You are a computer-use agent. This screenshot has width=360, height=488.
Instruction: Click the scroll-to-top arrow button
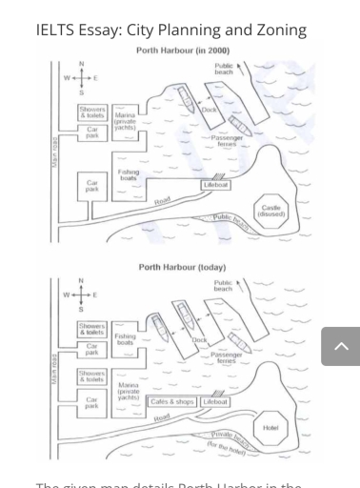tap(341, 347)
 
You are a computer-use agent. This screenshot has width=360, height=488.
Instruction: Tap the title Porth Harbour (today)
tap(181, 268)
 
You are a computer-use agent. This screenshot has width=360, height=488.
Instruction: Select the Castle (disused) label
tap(270, 210)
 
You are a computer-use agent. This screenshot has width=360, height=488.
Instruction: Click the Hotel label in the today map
tap(270, 428)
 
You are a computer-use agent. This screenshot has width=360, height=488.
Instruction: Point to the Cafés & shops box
tap(172, 401)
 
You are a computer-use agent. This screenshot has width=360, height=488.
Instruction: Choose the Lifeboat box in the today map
tap(216, 401)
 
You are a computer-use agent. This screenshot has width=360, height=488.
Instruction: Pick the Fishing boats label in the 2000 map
tap(128, 174)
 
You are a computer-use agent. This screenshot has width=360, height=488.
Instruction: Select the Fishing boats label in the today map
tap(125, 339)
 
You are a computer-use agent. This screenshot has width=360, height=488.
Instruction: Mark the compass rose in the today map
tap(81, 295)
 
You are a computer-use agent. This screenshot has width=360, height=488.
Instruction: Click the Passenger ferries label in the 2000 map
tap(226, 140)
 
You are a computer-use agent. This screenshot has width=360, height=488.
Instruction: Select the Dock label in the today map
tap(200, 339)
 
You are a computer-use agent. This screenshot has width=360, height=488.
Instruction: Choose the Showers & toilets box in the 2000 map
tap(92, 113)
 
